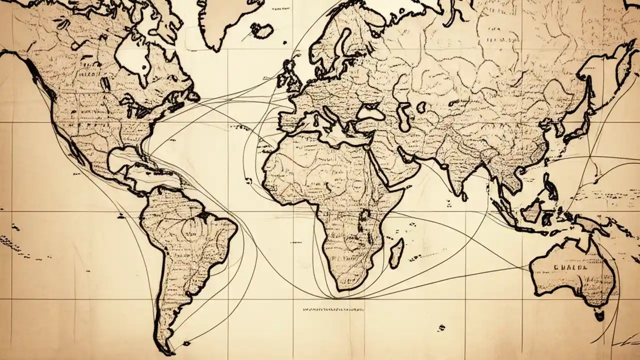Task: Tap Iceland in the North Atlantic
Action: pyautogui.click(x=261, y=30)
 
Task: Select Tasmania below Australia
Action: pyautogui.click(x=598, y=314)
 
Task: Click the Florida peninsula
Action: pyautogui.click(x=145, y=145)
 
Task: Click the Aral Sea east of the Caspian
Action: pyautogui.click(x=421, y=106)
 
